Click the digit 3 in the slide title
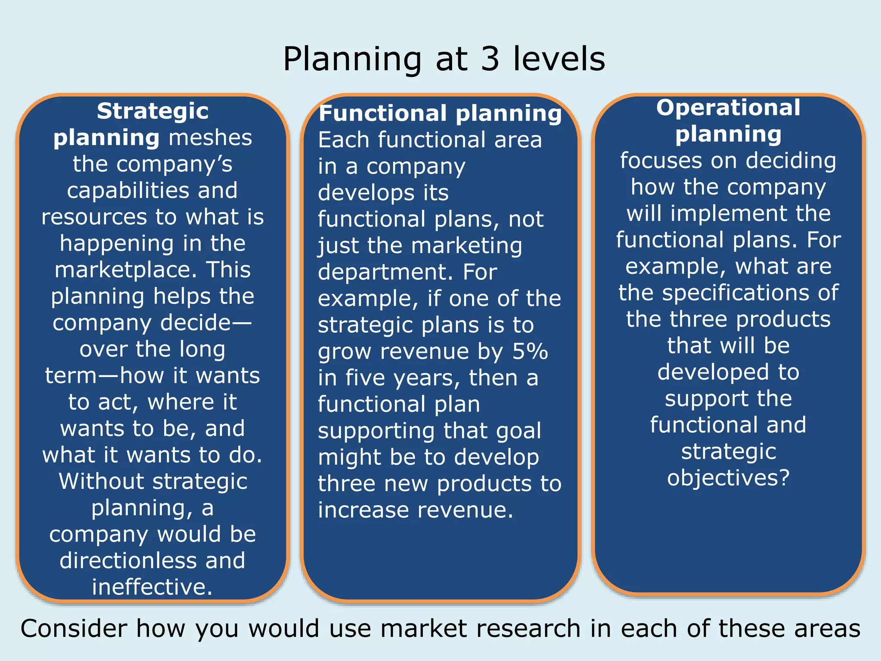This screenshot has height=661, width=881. [x=490, y=59]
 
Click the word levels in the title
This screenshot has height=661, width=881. [x=559, y=59]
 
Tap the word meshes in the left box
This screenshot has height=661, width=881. [x=210, y=138]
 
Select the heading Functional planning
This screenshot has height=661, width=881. [x=440, y=114]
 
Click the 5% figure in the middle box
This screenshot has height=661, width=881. [x=530, y=352]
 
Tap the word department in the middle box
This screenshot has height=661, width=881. [x=385, y=272]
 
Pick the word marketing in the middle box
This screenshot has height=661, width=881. [x=466, y=246]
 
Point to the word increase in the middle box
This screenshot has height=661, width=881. [x=363, y=510]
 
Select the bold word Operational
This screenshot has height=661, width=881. [x=728, y=108]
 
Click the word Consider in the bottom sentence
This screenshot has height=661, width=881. [x=74, y=629]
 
